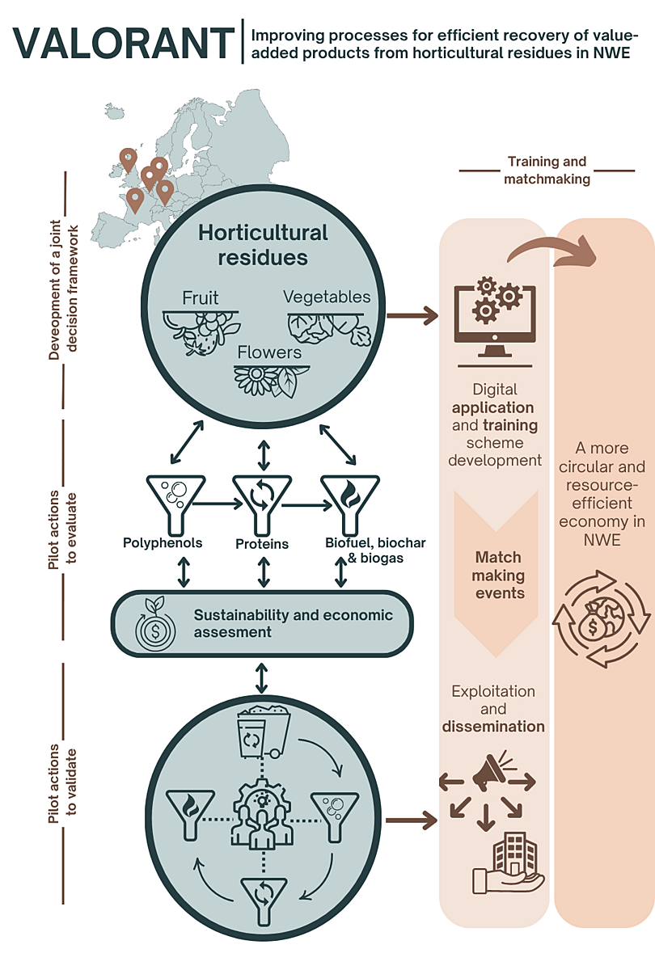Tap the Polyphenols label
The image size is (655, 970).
(163, 542)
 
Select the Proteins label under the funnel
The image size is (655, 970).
(262, 544)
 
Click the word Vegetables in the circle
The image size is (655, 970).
(327, 297)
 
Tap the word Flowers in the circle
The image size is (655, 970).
(269, 352)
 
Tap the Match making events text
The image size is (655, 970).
(498, 576)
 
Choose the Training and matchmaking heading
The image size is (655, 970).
(547, 171)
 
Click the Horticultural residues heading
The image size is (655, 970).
(264, 245)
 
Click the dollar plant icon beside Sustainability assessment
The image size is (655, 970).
(150, 622)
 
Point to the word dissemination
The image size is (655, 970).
(493, 727)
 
